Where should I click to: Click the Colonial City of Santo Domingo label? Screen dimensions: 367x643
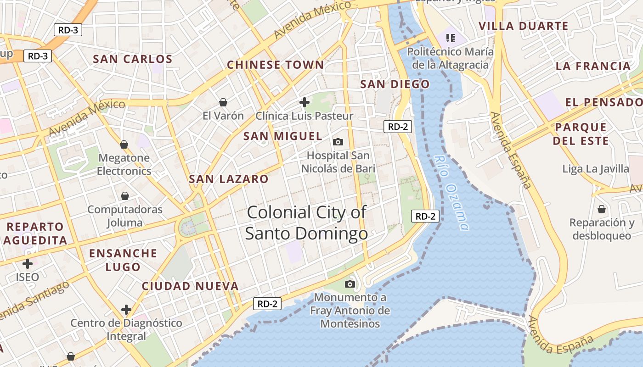pos(306,223)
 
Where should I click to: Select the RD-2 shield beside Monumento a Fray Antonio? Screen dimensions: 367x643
pos(267,304)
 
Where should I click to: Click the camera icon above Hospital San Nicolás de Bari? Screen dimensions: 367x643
pos(338,142)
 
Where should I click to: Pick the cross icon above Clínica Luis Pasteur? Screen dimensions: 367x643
pos(304,102)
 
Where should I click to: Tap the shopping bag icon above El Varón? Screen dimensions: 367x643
pos(223,102)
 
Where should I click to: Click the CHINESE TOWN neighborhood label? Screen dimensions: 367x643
pos(276,65)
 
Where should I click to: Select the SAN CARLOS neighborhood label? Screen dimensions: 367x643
pos(132,59)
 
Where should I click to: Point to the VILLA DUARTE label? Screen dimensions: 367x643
pos(524,26)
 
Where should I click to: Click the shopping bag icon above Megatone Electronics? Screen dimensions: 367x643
pos(124,145)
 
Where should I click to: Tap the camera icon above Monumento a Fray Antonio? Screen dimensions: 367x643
pos(350,284)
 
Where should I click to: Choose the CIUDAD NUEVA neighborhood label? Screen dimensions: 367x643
pos(190,286)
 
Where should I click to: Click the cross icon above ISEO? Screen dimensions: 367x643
pos(28,264)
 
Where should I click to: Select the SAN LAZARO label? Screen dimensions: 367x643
pos(228,179)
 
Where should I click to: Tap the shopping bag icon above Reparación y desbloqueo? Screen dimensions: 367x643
pos(602,209)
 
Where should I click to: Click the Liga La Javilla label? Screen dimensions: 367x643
pos(596,169)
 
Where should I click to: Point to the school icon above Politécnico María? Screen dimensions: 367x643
pos(450,38)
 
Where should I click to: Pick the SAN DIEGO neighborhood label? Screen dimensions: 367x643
pos(395,84)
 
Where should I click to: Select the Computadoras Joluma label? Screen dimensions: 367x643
pos(125,216)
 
